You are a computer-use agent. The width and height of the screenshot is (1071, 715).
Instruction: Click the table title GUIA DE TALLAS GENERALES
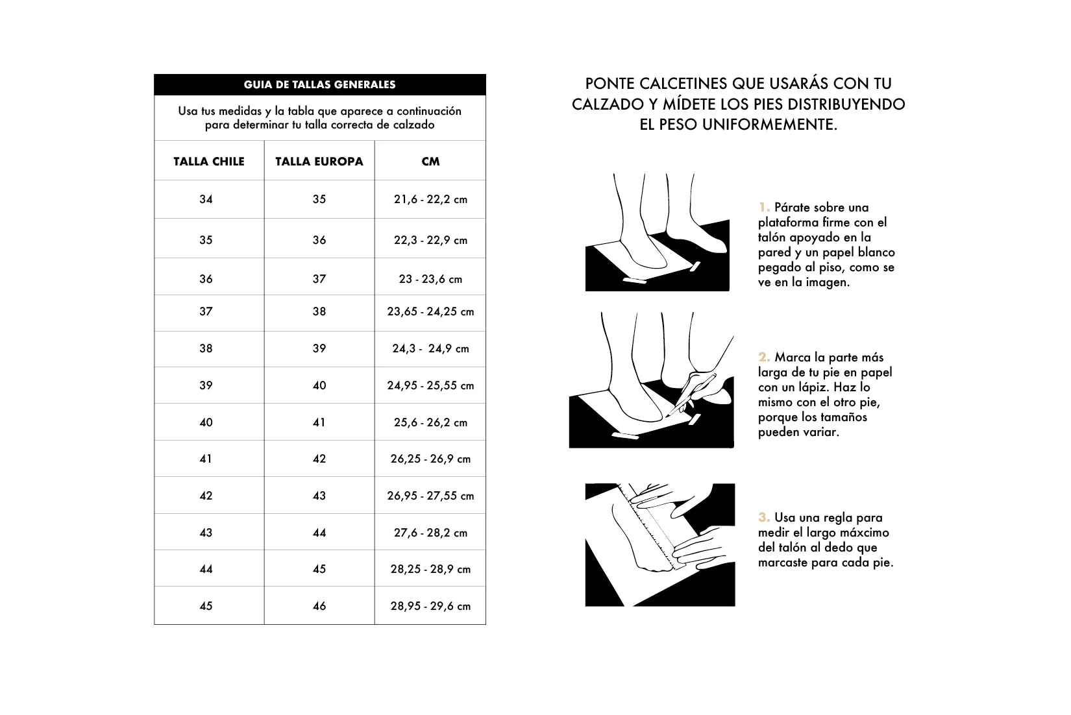pos(319,84)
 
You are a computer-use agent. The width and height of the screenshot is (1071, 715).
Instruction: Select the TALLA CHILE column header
pos(209,162)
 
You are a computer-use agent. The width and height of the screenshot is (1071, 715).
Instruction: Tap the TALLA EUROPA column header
pos(319,162)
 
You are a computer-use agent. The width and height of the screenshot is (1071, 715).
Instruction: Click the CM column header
pos(430,162)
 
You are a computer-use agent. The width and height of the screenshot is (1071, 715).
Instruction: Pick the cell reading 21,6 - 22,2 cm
pos(430,199)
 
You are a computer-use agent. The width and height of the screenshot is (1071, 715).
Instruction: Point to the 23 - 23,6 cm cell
pos(430,279)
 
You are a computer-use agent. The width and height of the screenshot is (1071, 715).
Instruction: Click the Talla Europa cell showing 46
pos(319,606)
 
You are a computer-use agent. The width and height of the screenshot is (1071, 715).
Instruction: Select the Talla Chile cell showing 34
pos(206,199)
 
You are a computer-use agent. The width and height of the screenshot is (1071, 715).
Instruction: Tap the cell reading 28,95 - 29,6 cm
pos(430,606)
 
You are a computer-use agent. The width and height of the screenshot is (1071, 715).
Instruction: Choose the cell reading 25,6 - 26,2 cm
pos(430,422)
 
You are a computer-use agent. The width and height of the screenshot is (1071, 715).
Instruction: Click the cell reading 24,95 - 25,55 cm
pos(430,385)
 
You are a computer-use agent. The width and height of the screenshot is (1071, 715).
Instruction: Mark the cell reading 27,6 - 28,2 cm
pos(430,533)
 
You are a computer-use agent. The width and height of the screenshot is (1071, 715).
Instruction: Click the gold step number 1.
pos(763,208)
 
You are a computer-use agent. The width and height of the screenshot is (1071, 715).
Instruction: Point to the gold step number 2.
pos(764,357)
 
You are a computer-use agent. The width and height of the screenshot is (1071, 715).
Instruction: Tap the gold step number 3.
pos(764,517)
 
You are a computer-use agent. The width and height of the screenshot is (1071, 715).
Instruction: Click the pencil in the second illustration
pos(691,394)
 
